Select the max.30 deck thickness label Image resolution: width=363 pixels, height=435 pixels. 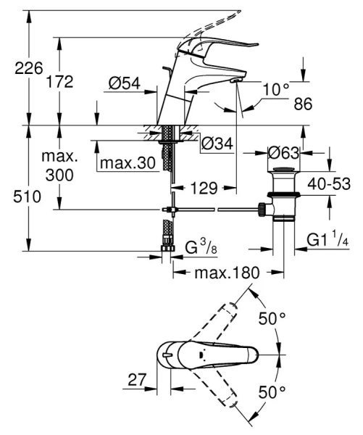coord(128,164)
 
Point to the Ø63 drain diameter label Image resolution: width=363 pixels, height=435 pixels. coord(283,153)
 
